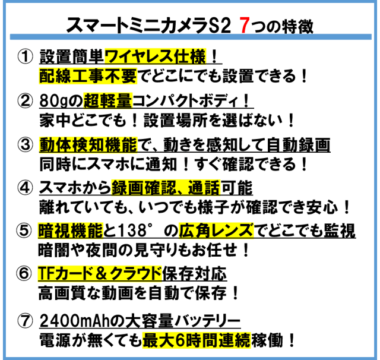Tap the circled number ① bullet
24,57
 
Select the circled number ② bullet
24,101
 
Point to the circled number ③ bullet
24,144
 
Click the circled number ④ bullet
24,188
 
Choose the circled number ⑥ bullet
24,274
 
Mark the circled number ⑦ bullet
24,321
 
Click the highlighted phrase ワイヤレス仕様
155,57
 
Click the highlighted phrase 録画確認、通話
166,188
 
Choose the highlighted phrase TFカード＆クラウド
100,274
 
